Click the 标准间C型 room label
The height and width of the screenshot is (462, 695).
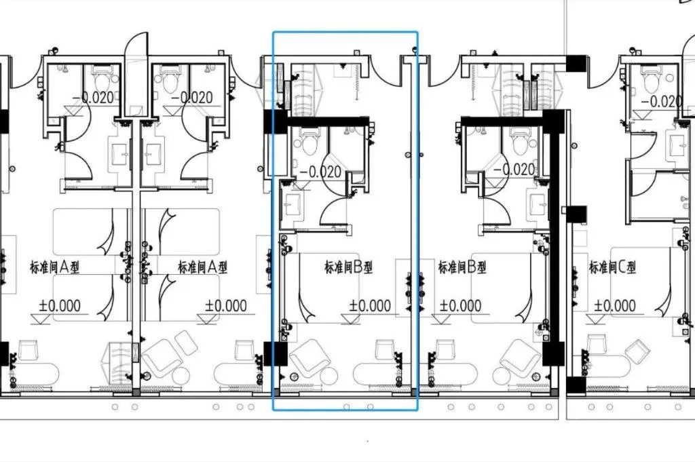[x=613, y=267]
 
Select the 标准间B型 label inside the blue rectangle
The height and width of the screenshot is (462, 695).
[x=349, y=267]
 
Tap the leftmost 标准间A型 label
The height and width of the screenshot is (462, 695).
[x=54, y=267]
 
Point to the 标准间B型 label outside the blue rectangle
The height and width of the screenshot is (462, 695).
[x=462, y=267]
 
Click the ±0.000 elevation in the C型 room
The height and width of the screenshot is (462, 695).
[x=614, y=306]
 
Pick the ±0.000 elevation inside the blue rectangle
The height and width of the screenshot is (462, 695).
[x=370, y=306]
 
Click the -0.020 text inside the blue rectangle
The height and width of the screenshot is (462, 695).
[x=320, y=172]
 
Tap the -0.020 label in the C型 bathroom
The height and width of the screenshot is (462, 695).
[x=661, y=102]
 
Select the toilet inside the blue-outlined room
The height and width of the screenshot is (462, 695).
[x=309, y=140]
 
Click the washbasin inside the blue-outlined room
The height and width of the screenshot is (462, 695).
[x=293, y=205]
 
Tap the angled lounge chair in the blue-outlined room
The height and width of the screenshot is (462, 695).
[x=309, y=358]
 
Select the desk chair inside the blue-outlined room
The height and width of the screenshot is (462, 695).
[x=384, y=350]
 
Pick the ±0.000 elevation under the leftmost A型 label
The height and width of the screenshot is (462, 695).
[x=60, y=306]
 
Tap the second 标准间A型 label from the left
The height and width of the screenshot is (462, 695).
[x=202, y=267]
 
